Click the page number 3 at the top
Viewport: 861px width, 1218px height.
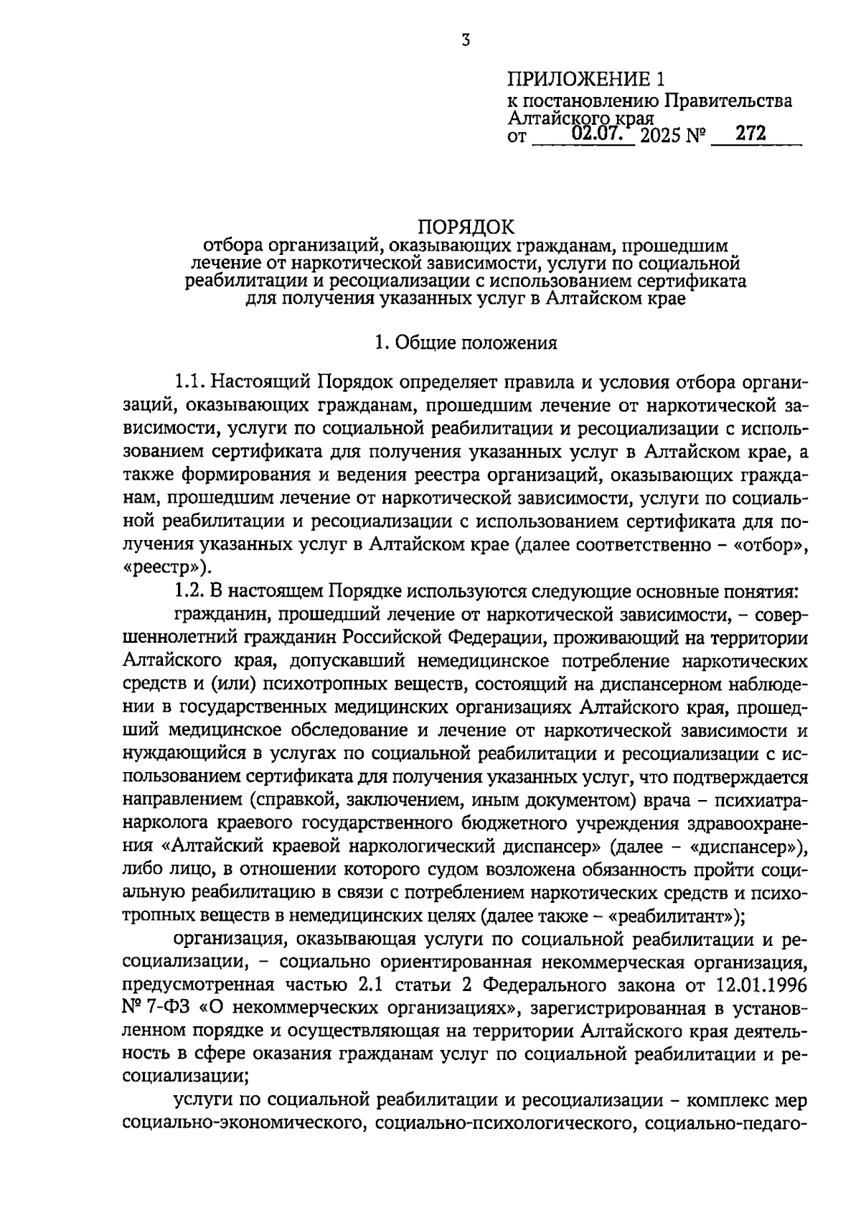tap(466, 40)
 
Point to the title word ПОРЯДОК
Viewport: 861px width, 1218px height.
tap(466, 228)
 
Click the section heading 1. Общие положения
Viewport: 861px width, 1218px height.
tap(466, 343)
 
